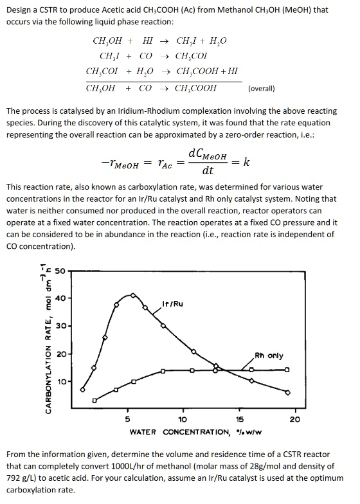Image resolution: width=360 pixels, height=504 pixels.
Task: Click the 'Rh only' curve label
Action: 269,355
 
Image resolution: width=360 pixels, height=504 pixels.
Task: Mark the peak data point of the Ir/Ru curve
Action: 133,295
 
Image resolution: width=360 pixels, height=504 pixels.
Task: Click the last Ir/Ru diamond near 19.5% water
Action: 287,392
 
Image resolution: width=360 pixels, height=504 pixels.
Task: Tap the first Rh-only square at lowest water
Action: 94,401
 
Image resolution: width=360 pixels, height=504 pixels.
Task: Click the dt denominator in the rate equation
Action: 208,172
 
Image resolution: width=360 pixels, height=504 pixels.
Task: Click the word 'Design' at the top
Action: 20,10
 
